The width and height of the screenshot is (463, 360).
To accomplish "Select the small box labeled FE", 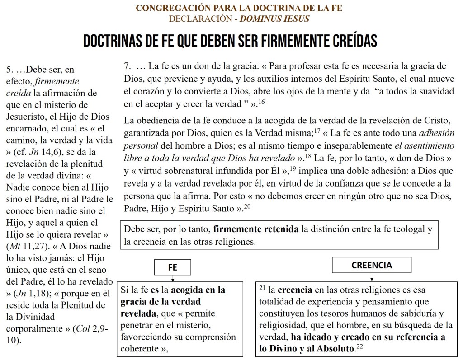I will tap(173, 267).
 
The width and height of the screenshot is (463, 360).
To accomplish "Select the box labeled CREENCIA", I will tap(372, 265).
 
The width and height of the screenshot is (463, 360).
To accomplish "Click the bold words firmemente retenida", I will tap(255, 229).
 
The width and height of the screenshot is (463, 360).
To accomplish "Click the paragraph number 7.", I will tap(128, 66).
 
